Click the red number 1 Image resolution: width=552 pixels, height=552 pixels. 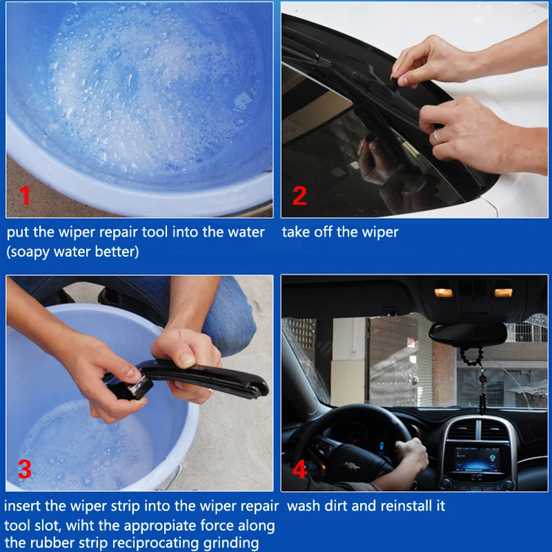click(x=25, y=195)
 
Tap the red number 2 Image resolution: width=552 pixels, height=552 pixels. click(x=299, y=195)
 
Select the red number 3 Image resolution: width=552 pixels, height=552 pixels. click(x=25, y=469)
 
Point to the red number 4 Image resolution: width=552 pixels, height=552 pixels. click(x=299, y=469)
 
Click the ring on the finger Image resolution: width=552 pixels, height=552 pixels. click(x=437, y=136)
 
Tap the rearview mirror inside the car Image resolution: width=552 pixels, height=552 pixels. click(x=468, y=335)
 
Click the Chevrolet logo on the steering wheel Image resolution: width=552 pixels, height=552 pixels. click(x=351, y=466)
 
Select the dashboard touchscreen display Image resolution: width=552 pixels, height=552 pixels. click(x=477, y=460)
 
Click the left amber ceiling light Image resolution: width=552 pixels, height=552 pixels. click(x=443, y=293)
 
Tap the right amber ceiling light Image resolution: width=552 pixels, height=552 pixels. click(x=504, y=293)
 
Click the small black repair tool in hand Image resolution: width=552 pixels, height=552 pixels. click(x=131, y=388)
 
